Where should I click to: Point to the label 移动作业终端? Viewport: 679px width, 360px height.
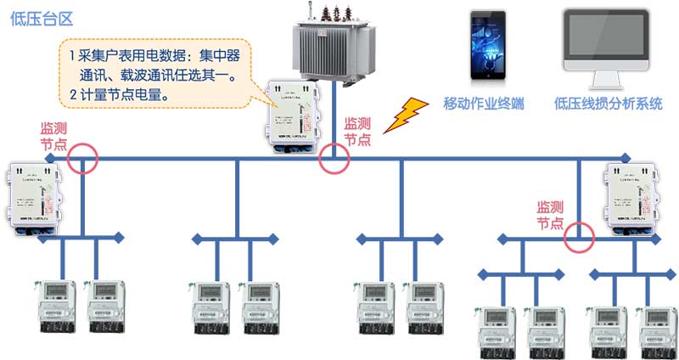click(x=484, y=104)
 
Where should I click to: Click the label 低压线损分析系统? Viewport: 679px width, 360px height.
click(x=607, y=104)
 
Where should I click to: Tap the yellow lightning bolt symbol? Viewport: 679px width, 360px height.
click(x=406, y=115)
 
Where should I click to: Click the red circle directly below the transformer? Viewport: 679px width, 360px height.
click(x=334, y=158)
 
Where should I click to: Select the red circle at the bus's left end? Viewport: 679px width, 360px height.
click(x=82, y=158)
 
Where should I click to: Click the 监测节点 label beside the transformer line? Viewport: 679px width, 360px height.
click(x=357, y=132)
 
